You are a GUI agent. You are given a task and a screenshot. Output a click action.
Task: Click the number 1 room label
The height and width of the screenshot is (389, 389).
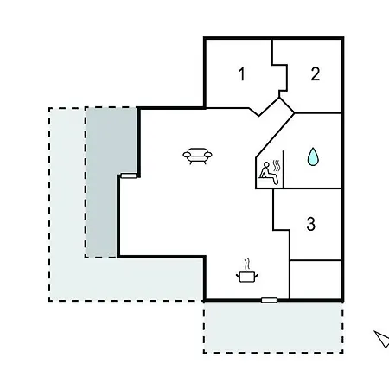point(242,73)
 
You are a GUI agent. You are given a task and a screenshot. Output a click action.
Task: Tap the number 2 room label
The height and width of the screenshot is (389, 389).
point(316,73)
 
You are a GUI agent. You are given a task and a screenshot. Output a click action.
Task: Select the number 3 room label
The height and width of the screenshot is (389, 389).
point(310,224)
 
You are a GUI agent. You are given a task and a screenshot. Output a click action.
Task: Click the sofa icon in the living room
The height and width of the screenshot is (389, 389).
point(197,156)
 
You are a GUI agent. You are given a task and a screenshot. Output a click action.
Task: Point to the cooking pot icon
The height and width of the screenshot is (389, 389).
point(247,277)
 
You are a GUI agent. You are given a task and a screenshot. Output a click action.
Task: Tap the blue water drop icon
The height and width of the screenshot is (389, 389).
point(313,156)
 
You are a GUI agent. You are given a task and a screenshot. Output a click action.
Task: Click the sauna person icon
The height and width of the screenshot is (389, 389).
point(269,173)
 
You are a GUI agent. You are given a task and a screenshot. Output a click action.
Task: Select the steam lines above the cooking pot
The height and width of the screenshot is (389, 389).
point(247,265)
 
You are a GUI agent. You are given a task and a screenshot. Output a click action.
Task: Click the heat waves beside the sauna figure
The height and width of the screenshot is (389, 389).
point(277,166)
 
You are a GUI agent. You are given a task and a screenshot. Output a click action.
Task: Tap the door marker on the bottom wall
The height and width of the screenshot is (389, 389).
point(270,300)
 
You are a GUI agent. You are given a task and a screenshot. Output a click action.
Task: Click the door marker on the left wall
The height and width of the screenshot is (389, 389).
point(129,175)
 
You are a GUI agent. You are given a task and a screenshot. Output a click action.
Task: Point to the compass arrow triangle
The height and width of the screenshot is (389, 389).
point(383,339)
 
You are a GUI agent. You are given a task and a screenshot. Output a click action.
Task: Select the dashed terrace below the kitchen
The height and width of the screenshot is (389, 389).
point(273,327)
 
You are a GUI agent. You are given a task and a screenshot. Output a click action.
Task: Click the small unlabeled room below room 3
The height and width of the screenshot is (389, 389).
point(316,279)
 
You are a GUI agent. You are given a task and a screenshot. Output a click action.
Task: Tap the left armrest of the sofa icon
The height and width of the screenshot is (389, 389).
point(187,155)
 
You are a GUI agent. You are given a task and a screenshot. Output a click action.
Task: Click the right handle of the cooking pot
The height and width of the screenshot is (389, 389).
point(256,276)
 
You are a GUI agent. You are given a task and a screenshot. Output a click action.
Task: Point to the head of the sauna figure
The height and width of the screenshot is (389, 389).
point(267,164)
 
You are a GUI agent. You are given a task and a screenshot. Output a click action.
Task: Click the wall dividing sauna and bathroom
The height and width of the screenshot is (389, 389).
point(284,169)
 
